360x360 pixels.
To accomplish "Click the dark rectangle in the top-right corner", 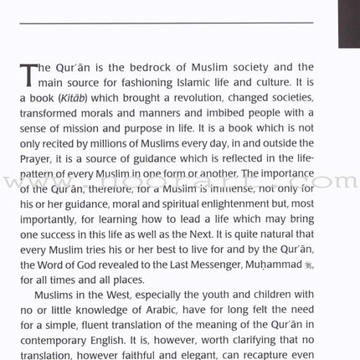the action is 348,23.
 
